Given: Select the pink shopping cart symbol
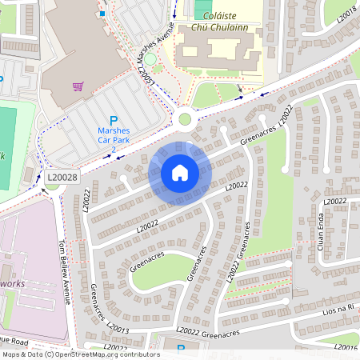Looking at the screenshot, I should click(78, 86).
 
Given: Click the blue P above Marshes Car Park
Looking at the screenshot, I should click(113, 121).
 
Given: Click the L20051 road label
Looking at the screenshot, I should click(146, 78).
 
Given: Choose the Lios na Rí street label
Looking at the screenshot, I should click(336, 310).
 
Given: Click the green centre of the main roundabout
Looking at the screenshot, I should click(185, 119).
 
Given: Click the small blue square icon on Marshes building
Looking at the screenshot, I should click(102, 14).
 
